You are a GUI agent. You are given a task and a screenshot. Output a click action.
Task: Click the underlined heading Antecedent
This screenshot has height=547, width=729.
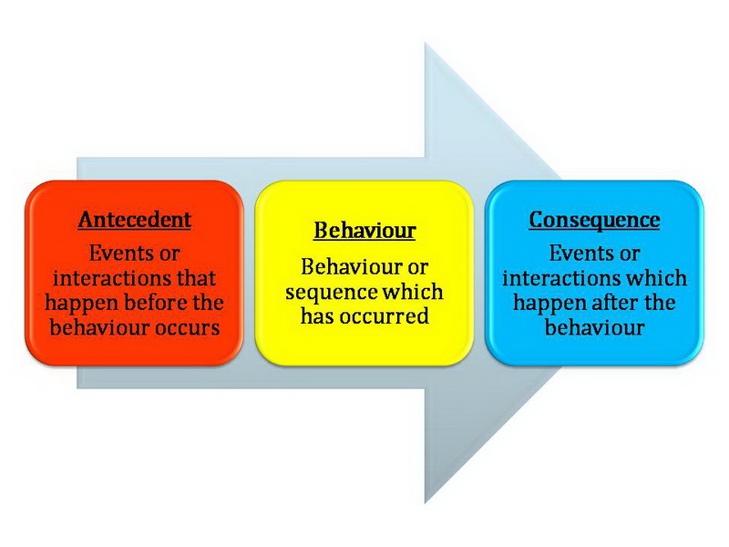click(x=134, y=220)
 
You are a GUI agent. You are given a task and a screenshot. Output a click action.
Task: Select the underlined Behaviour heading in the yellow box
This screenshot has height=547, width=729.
click(x=364, y=231)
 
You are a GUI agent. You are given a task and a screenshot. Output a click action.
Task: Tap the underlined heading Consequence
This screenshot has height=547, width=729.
click(x=594, y=220)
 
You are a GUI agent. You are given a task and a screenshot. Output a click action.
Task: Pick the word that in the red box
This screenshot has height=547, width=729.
click(x=196, y=278)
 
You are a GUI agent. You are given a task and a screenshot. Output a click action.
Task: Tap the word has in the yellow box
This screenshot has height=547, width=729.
click(x=317, y=316)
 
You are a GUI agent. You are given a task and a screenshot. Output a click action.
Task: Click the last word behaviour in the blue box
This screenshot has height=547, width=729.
click(x=594, y=327)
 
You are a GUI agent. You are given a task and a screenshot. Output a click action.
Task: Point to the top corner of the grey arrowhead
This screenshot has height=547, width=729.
click(x=425, y=43)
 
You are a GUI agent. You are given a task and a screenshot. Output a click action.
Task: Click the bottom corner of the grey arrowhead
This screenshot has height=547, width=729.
click(x=425, y=503)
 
